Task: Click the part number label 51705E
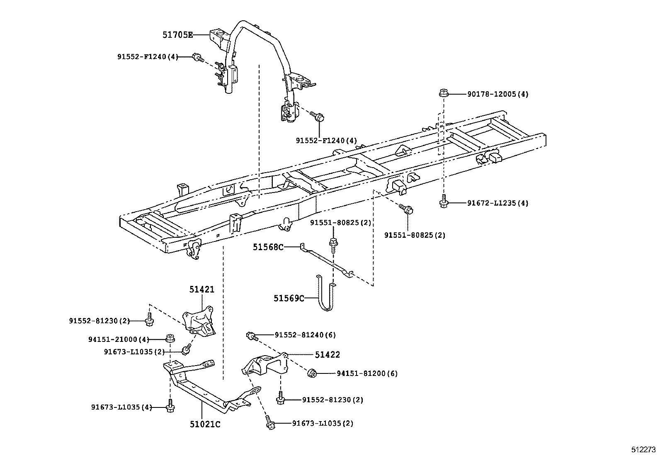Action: pos(177,35)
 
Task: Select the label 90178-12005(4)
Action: pos(497,94)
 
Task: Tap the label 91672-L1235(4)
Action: pos(497,203)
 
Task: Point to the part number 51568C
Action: pos(268,248)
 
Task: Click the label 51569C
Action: pos(289,298)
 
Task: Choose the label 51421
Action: pos(202,290)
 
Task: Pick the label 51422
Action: pos(327,355)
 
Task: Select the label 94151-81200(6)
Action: pos(366,373)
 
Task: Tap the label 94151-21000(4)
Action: pos(118,339)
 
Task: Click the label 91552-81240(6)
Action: pos(305,335)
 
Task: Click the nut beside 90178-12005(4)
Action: pos(443,93)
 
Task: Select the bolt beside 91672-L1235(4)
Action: pos(443,202)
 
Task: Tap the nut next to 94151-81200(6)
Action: pos(313,373)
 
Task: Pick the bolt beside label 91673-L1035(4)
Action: pos(170,407)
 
